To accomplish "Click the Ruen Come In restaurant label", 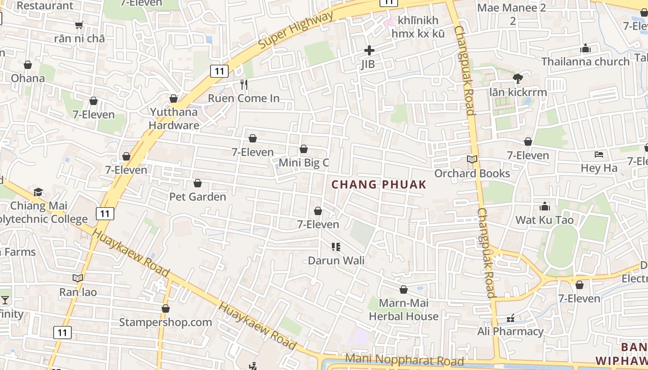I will click(243, 98).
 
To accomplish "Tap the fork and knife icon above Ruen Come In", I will click(244, 85).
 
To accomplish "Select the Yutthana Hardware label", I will click(174, 118).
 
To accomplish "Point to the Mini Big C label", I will click(304, 162).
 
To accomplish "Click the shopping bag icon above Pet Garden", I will click(198, 184).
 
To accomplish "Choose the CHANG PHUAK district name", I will click(379, 185).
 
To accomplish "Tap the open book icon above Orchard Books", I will click(472, 160).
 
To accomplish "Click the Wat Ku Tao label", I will click(545, 220).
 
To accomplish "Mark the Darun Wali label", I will click(336, 260).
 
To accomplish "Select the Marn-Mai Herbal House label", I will click(404, 309).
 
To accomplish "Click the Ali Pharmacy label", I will click(511, 331).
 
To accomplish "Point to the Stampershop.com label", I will click(166, 322).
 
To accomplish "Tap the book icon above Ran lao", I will click(78, 278).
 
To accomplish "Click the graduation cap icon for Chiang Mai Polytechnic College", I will click(38, 192).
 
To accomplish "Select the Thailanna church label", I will click(586, 62).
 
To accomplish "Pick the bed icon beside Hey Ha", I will click(599, 154).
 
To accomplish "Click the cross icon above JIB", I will click(369, 50).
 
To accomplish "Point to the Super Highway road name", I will click(296, 31).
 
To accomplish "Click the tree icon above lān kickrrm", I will click(518, 79).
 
